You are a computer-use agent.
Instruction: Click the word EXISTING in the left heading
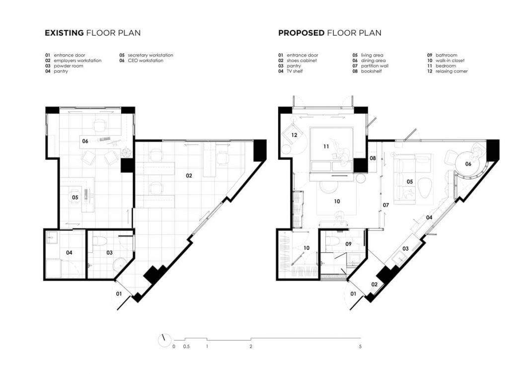pyautogui.click(x=64, y=33)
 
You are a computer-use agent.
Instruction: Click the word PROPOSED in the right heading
pyautogui.click(x=302, y=33)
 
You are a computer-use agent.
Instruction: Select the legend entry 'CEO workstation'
pyautogui.click(x=146, y=61)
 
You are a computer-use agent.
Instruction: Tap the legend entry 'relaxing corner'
pyautogui.click(x=452, y=72)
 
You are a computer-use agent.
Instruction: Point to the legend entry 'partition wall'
pyautogui.click(x=375, y=66)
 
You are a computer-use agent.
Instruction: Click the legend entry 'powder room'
pyautogui.click(x=68, y=66)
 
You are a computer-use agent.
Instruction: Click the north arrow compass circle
pyautogui.click(x=164, y=340)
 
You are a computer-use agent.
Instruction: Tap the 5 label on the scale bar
pyautogui.click(x=360, y=346)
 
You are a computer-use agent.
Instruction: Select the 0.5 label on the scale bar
pyautogui.click(x=186, y=346)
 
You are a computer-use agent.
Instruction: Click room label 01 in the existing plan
pyautogui.click(x=119, y=294)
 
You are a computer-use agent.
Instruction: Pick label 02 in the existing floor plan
pyautogui.click(x=189, y=175)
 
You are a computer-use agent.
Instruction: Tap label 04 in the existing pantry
pyautogui.click(x=69, y=253)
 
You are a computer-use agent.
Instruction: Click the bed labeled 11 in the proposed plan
pyautogui.click(x=331, y=150)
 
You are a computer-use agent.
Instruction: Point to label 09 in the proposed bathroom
pyautogui.click(x=349, y=244)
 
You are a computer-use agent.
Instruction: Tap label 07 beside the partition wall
pyautogui.click(x=386, y=205)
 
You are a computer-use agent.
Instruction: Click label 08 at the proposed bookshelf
pyautogui.click(x=373, y=158)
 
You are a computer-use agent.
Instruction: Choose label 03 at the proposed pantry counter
pyautogui.click(x=405, y=248)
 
